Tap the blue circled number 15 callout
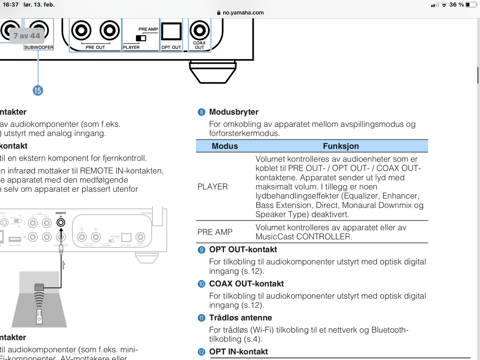tap(38, 90)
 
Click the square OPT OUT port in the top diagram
tap(171, 32)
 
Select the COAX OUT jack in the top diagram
tap(199, 30)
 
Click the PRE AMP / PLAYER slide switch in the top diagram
tap(141, 38)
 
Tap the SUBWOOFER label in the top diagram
tap(39, 47)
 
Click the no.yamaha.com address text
tap(243, 13)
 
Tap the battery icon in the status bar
tap(471, 5)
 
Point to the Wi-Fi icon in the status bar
tap(444, 5)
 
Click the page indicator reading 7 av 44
tap(27, 36)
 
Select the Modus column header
tap(225, 146)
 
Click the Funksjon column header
tap(341, 146)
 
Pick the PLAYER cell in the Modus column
tap(213, 187)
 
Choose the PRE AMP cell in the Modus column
tap(215, 232)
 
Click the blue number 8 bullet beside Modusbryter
tap(201, 112)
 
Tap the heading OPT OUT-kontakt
tap(243, 249)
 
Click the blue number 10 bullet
tap(201, 284)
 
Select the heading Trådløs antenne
tap(240, 318)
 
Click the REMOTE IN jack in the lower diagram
tap(61, 222)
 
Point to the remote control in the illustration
tap(39, 317)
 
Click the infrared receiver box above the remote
tap(39, 287)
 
